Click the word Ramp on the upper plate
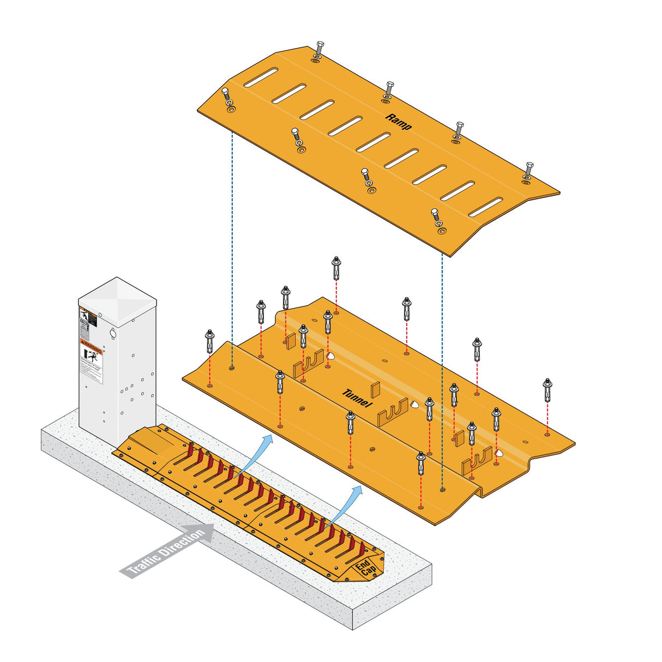[x=399, y=121]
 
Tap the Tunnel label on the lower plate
[x=357, y=398]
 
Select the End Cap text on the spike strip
[x=365, y=567]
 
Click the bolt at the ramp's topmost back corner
[x=319, y=49]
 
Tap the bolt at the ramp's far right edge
[x=528, y=170]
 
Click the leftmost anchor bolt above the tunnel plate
[x=209, y=341]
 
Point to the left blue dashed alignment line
[x=232, y=245]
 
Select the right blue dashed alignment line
[x=442, y=371]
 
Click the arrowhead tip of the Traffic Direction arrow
[x=214, y=531]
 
